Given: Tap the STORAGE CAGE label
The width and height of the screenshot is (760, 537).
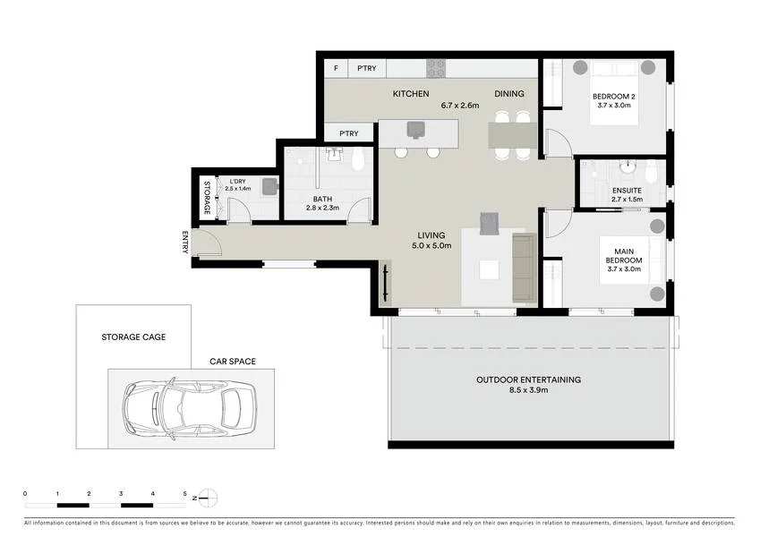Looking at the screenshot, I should pos(133,337).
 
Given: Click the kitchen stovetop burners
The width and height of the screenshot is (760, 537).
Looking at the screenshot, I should pos(436,68).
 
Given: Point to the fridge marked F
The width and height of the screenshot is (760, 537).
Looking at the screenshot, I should pos(336,68).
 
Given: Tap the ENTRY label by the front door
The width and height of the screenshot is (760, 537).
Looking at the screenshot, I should pos(185,242).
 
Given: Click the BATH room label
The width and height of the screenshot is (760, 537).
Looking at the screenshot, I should pos(322,199).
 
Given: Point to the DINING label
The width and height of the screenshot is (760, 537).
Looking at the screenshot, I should pos(509,94).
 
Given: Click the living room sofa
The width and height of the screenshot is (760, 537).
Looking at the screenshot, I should pos(523,267).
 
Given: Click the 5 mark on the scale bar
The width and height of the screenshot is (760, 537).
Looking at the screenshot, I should pos(184,493).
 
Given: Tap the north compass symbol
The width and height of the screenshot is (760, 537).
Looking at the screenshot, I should pos(207,498).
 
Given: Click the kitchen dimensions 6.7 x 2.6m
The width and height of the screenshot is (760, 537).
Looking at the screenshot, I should pos(460,105).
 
